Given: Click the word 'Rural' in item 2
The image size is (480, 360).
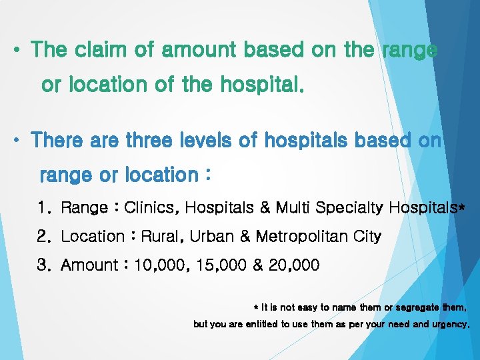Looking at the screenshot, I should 162,237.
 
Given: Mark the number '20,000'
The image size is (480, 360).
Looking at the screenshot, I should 294,265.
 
